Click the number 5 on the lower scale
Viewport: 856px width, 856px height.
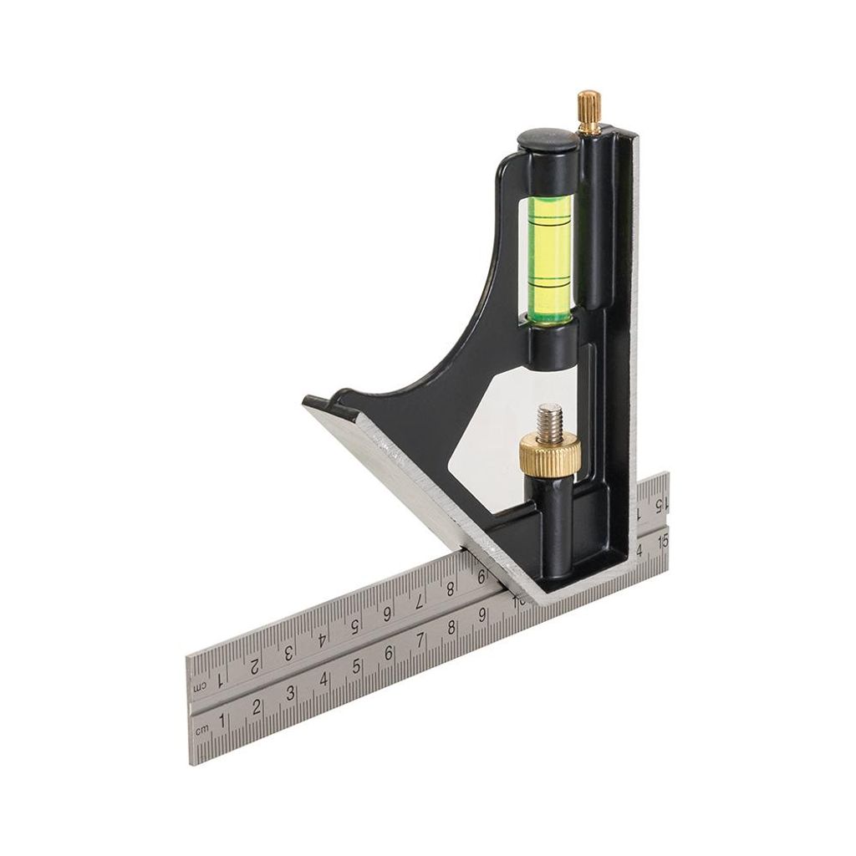point(357,667)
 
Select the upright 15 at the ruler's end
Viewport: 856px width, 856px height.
point(663,540)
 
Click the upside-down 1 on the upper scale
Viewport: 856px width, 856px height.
point(220,679)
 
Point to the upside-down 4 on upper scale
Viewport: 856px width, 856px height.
point(321,639)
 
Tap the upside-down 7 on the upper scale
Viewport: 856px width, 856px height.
point(420,600)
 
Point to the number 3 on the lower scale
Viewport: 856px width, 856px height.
point(290,693)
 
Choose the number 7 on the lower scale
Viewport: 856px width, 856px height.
point(420,641)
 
